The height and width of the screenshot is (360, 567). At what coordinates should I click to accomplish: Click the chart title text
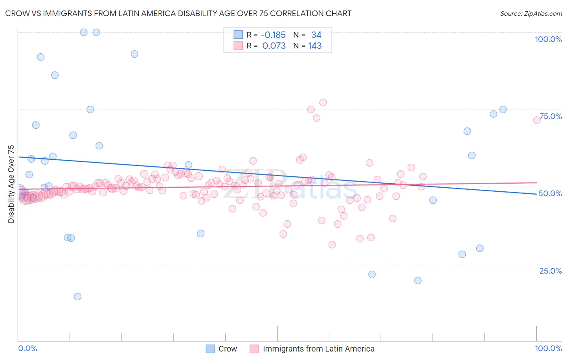click(178, 13)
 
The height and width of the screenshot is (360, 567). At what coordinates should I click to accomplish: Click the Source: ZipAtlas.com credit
click(531, 13)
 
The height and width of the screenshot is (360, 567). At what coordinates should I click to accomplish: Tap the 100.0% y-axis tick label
click(548, 39)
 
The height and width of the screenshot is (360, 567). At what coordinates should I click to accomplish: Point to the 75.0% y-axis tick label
click(550, 116)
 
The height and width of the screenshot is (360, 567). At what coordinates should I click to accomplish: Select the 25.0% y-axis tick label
click(550, 270)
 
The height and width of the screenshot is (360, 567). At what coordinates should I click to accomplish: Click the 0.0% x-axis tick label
click(28, 348)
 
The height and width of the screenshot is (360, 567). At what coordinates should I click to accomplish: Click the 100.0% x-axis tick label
click(548, 348)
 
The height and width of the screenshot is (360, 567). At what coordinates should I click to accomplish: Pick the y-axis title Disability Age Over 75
click(11, 184)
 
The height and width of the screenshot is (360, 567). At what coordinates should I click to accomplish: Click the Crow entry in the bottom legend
click(227, 349)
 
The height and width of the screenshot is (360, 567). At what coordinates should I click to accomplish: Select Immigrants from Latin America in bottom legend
click(319, 349)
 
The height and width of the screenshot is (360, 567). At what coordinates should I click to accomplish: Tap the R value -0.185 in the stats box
click(274, 35)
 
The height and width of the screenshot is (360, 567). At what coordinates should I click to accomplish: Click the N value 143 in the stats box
click(315, 46)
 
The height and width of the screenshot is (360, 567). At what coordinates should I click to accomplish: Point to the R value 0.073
click(274, 46)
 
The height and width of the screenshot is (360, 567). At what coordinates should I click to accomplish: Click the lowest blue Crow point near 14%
click(77, 297)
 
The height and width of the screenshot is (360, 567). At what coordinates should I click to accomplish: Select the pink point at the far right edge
click(537, 120)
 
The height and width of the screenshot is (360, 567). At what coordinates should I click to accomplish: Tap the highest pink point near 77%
click(323, 103)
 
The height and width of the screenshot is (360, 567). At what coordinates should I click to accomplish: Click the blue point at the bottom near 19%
click(418, 280)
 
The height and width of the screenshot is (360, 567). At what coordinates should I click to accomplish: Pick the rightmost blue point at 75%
click(503, 109)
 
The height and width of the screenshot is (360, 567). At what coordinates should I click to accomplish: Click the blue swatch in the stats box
click(238, 35)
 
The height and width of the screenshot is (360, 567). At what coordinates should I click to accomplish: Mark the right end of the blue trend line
click(537, 194)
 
